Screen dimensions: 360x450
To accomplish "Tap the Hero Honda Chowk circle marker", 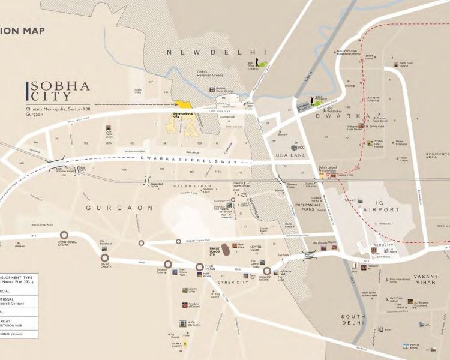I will point(64,236).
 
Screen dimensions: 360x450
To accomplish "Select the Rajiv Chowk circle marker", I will point(104,258).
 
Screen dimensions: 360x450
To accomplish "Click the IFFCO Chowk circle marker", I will point(200,267).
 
